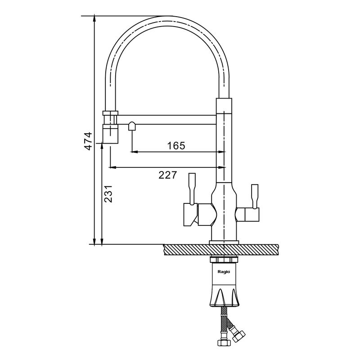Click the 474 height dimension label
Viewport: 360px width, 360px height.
pos(88,141)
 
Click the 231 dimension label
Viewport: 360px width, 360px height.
pos(108,194)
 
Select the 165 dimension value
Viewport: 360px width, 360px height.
pos(176,145)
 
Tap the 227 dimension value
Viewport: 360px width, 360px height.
pos(167,175)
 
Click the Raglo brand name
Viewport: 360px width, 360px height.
pos(224,272)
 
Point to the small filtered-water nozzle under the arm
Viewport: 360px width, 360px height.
pos(132,126)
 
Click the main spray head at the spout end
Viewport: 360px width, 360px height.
pos(110,134)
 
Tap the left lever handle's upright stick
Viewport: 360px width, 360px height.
pos(192,188)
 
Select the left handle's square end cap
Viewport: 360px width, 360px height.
pos(190,215)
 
